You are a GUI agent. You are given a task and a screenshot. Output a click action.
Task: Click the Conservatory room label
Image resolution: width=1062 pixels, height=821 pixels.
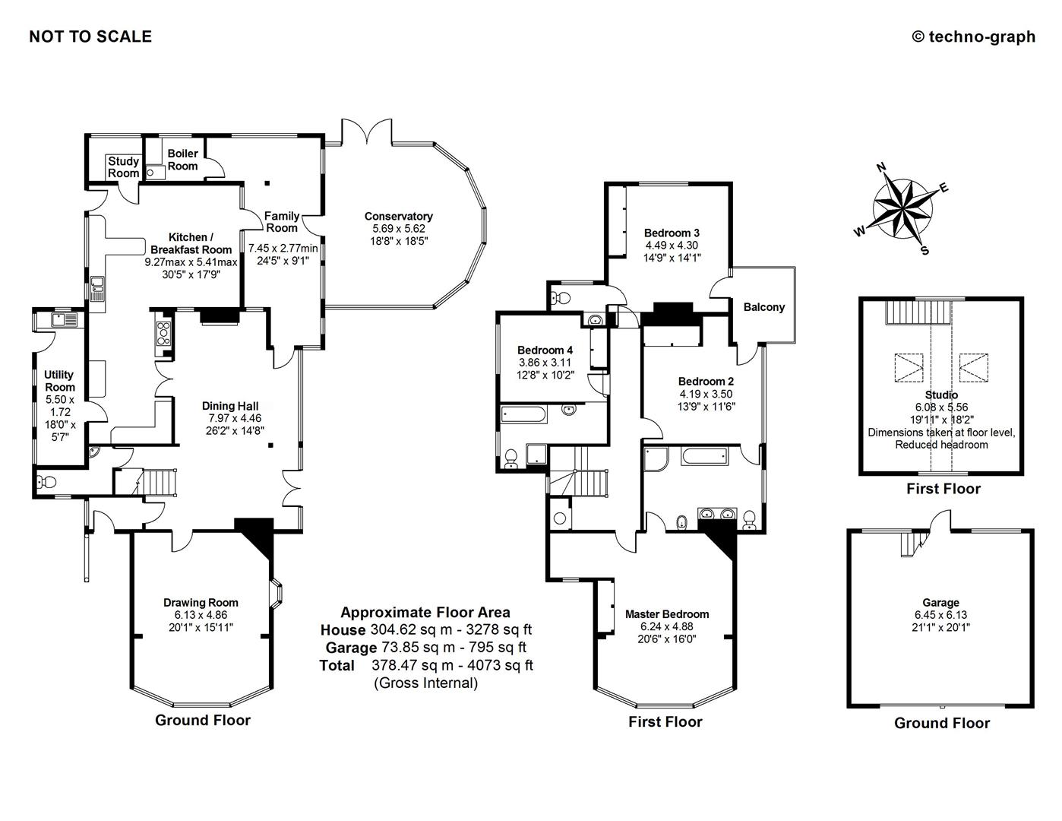click(398, 217)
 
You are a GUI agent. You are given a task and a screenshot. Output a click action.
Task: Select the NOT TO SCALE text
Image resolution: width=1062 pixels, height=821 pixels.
click(90, 36)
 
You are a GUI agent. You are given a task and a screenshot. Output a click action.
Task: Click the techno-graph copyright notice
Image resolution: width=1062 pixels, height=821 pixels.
click(973, 36)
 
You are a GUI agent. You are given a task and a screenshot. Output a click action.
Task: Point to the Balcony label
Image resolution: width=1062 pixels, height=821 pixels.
click(763, 307)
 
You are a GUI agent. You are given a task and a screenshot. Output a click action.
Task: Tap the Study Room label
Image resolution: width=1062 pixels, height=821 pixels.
click(123, 167)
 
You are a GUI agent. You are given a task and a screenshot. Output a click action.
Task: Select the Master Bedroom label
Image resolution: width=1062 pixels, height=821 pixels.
click(667, 614)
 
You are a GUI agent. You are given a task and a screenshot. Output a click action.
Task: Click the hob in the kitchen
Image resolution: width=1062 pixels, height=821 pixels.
click(163, 334)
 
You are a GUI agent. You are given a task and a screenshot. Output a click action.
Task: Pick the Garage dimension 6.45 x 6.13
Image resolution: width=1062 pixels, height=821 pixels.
click(941, 615)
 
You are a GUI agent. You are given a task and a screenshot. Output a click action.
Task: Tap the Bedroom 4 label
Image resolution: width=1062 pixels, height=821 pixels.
click(545, 350)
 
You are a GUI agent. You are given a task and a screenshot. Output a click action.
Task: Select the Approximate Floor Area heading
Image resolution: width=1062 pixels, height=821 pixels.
click(425, 612)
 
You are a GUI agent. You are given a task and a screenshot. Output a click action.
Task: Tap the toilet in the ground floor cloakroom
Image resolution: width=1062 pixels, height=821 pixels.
click(45, 481)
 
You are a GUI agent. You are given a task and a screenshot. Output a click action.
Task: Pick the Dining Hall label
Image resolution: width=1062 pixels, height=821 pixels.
click(230, 406)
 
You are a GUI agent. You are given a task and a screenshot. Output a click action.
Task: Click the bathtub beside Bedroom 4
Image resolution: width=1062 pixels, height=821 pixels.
click(524, 414)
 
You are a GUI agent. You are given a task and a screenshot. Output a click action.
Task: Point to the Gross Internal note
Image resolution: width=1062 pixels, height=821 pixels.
click(425, 683)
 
